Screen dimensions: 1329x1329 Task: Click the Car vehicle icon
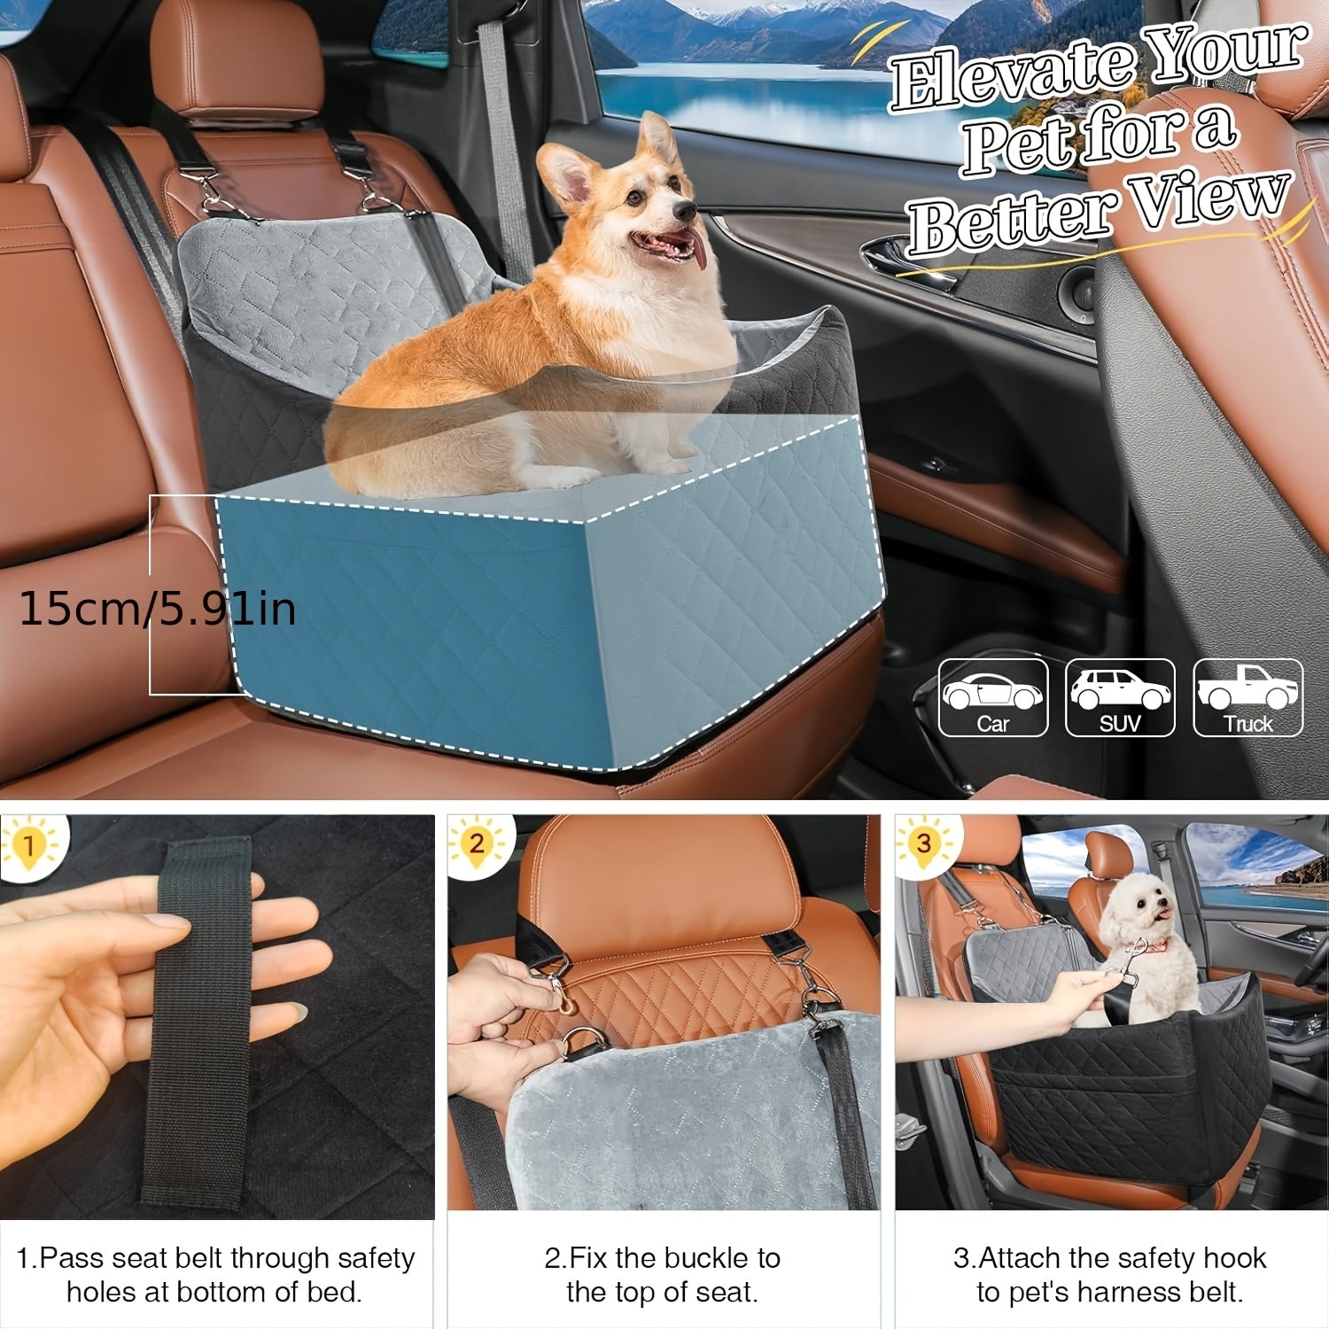pyautogui.click(x=993, y=697)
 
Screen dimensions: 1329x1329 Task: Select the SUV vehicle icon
pyautogui.click(x=1120, y=697)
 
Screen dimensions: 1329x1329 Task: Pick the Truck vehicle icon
pyautogui.click(x=1248, y=697)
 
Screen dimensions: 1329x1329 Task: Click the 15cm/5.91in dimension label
pyautogui.click(x=157, y=610)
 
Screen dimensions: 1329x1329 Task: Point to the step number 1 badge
pyautogui.click(x=28, y=844)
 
